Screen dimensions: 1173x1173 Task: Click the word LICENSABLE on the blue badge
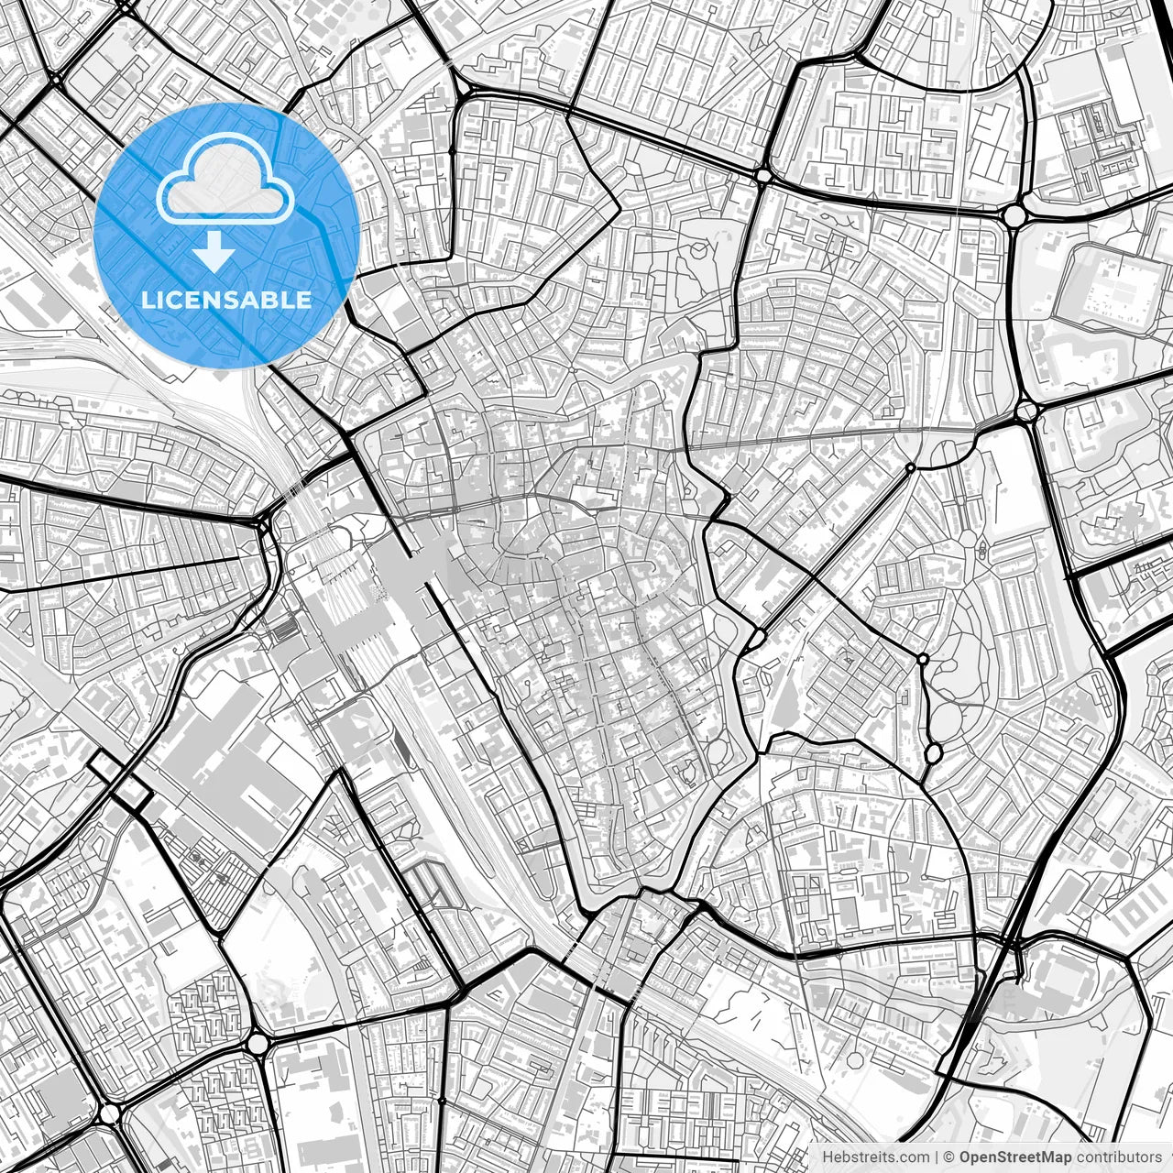[226, 300]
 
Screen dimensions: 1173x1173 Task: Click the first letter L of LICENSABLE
[147, 300]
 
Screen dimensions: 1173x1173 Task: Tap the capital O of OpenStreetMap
[965, 1157]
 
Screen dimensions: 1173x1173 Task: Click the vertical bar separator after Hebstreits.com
[936, 1157]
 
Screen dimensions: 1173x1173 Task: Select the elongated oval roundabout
[933, 753]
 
